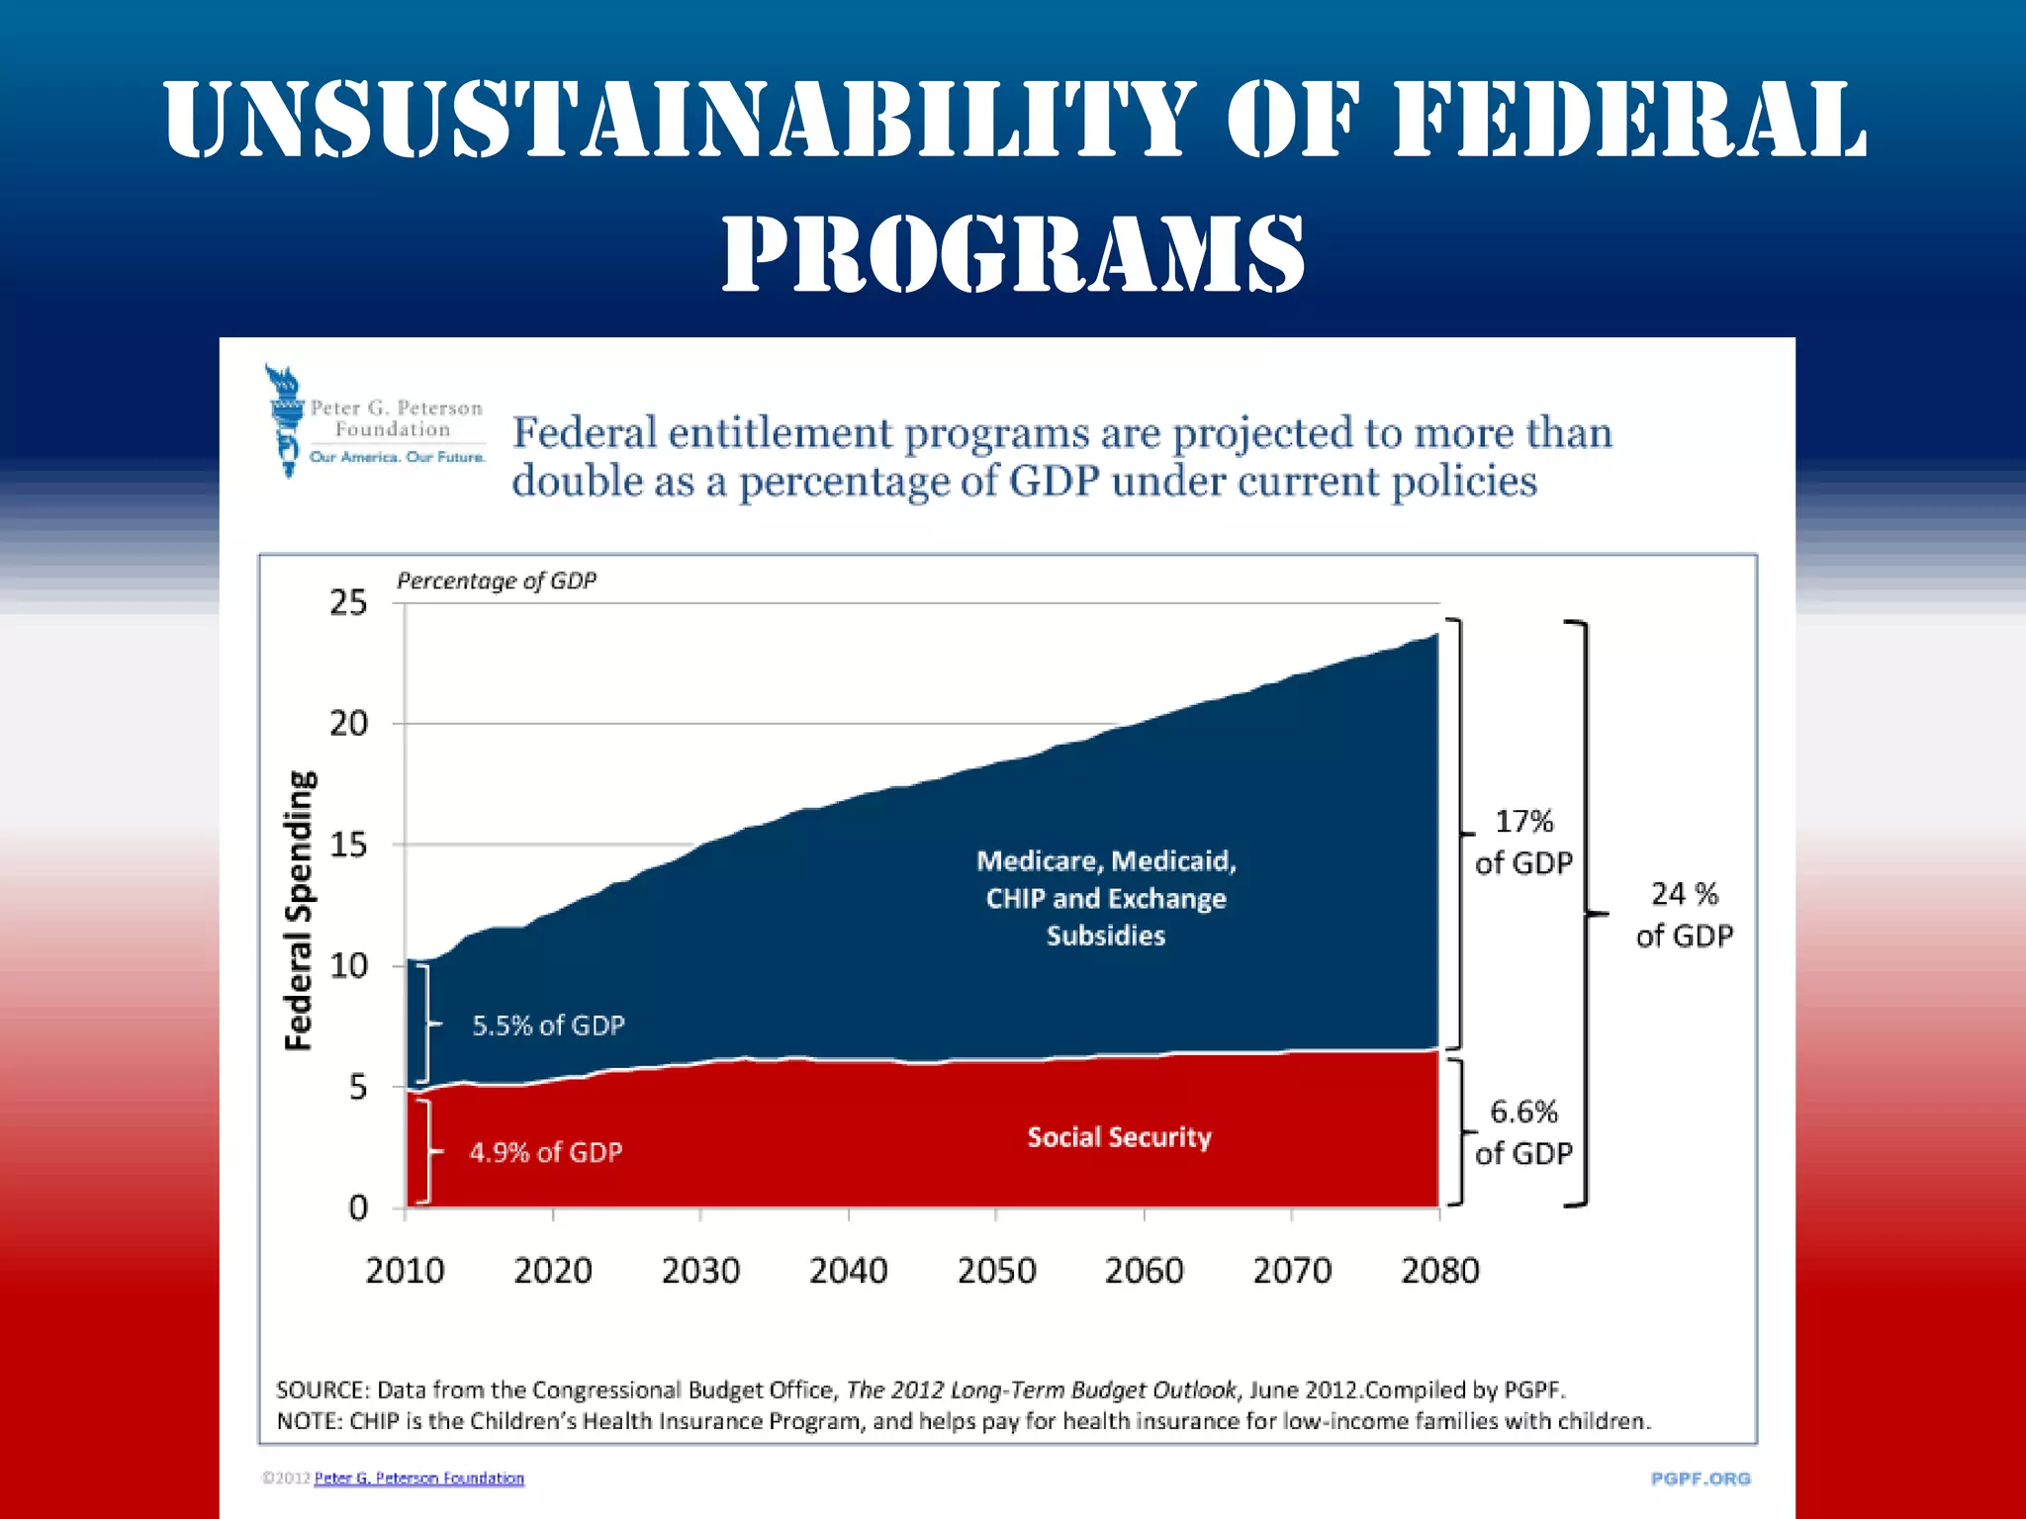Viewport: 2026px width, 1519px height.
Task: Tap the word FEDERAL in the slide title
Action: coord(1630,121)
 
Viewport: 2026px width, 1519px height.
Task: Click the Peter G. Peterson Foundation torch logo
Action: coord(285,420)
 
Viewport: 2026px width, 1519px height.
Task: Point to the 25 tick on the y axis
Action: coord(348,602)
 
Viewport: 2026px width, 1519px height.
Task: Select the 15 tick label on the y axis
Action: coord(348,845)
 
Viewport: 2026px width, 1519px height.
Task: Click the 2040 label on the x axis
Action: coord(848,1270)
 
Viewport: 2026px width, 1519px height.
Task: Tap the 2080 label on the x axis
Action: coord(1439,1270)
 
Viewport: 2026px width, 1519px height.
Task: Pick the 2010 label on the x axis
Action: coord(405,1270)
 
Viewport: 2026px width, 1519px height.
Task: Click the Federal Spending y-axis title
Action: coord(299,910)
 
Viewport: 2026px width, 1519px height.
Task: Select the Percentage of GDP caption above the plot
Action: coord(497,581)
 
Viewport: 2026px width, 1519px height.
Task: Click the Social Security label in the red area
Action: coord(1119,1137)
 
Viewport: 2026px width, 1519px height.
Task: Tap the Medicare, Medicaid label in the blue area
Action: coord(1106,861)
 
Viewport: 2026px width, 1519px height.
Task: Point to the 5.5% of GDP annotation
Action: coord(548,1026)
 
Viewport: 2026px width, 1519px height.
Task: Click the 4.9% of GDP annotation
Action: coord(545,1152)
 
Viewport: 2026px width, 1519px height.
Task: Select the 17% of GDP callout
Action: coord(1523,842)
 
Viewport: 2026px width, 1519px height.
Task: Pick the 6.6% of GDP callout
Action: coord(1523,1132)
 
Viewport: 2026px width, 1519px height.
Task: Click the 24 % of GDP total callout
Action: coord(1684,915)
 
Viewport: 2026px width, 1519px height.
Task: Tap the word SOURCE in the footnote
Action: coord(321,1389)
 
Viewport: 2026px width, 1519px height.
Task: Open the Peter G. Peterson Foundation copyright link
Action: coord(418,1477)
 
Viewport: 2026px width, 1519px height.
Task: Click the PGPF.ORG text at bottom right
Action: coord(1701,1478)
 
